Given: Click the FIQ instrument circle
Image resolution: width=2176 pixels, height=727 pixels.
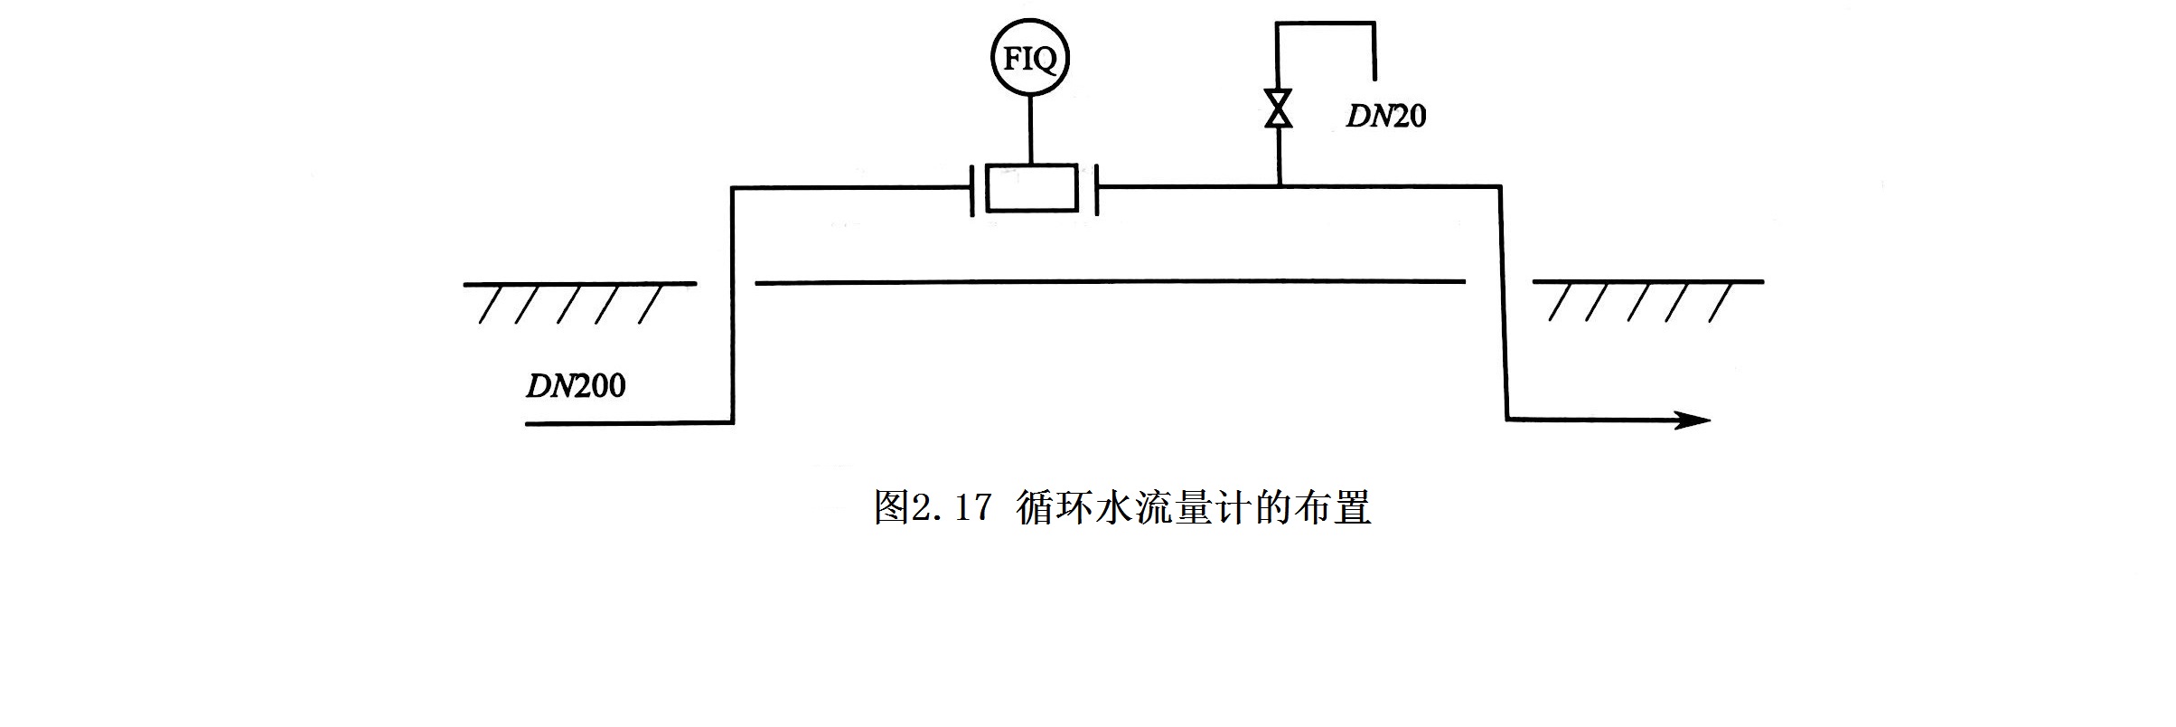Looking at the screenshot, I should point(1029,59).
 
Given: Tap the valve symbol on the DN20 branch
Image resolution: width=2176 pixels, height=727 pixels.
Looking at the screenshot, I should point(1278,109).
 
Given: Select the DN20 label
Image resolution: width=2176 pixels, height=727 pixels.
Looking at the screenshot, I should point(1385,116).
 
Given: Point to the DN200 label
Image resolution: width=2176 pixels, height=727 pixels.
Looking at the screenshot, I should point(576,386).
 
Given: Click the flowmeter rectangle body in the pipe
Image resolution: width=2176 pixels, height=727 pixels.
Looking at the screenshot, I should point(1031,188).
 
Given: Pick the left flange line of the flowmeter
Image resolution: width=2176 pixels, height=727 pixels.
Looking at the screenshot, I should point(972,189).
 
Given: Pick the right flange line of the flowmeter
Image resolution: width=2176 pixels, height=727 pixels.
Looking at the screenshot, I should point(1095,189).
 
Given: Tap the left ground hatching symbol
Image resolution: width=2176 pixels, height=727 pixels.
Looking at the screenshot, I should point(578,301).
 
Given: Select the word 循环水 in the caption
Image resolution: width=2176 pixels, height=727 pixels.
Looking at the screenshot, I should point(1073,507).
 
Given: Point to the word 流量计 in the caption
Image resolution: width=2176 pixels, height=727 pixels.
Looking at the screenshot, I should point(1192,507).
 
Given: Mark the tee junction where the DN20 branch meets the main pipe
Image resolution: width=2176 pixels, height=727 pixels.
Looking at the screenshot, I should point(1279,186).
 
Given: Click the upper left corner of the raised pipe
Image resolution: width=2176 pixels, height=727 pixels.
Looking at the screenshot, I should point(733,188).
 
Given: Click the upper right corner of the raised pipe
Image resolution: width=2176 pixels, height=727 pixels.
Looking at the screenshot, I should point(1500,187).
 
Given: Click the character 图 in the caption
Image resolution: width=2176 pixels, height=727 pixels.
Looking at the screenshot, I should point(891,507).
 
